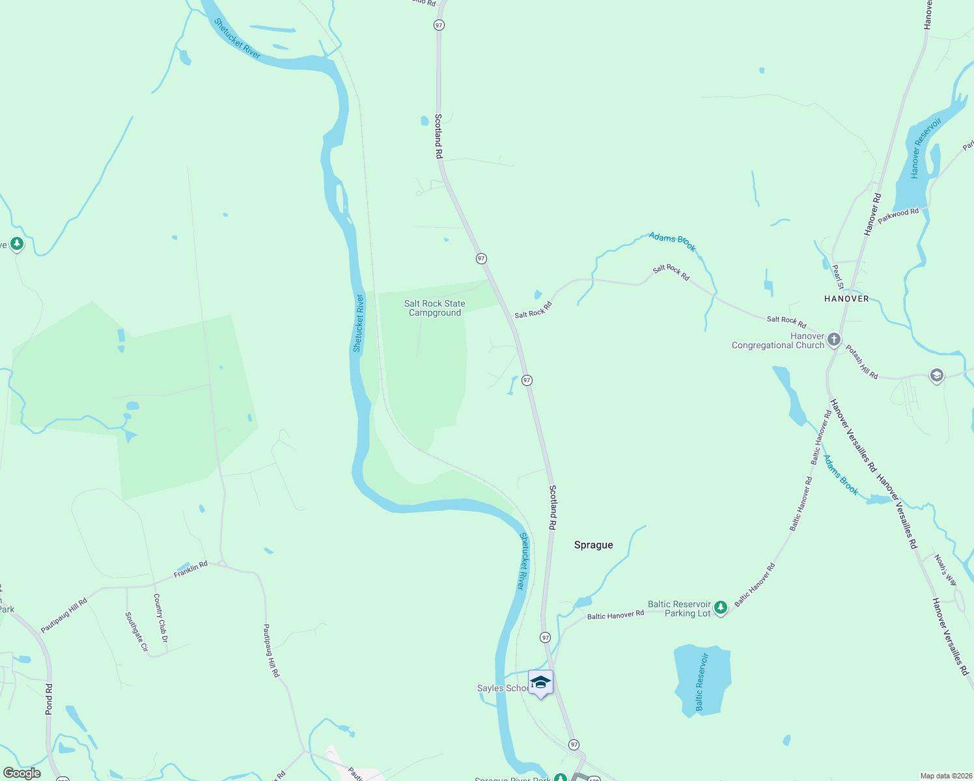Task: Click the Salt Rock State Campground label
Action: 435,308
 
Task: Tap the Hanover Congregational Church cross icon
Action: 833,340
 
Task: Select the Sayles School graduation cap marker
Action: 540,683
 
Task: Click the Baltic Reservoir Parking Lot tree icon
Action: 720,608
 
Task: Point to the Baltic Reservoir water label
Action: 701,682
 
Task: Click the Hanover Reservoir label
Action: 926,148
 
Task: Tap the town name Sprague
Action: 593,545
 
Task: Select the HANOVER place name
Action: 846,299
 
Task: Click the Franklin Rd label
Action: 190,569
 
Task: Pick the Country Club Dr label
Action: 160,618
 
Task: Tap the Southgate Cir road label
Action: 137,631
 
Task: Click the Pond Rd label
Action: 49,700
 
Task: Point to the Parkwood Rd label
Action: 898,216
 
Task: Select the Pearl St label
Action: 838,276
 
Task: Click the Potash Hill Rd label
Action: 861,362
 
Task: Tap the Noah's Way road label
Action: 945,570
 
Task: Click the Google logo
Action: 22,773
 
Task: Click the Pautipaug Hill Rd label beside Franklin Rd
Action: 64,616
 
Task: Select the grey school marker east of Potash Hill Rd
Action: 936,376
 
